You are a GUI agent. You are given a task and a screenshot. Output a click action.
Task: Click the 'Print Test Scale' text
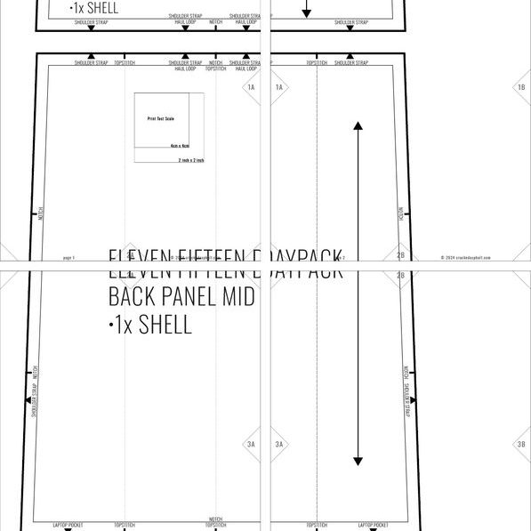160,117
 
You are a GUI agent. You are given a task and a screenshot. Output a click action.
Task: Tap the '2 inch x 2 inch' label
190,160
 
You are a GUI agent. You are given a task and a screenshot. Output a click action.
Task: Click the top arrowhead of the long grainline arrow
358,126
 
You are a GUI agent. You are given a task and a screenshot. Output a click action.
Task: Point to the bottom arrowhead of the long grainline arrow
358,461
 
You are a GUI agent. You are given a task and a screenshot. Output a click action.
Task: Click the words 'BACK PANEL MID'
181,296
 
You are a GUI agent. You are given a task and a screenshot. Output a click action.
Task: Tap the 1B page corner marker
520,87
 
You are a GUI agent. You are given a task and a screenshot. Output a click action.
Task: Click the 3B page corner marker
520,444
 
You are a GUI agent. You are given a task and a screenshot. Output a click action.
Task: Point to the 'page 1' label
68,257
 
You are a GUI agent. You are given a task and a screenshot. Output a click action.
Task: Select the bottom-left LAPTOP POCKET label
68,524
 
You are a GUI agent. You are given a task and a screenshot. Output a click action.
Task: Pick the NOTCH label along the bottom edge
215,519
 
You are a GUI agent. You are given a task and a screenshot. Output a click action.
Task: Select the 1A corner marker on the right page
278,87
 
